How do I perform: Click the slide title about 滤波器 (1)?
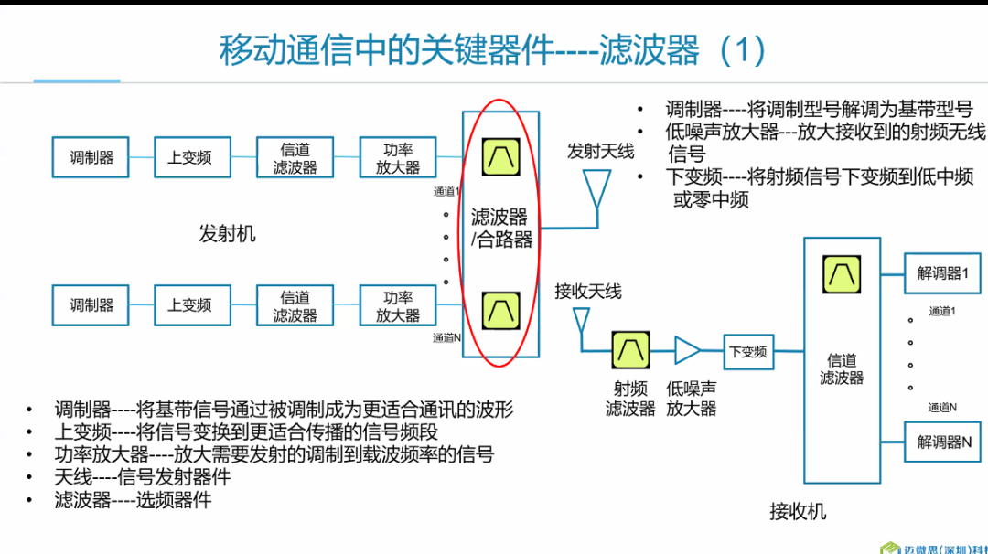pyautogui.click(x=492, y=50)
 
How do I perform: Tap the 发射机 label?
pyautogui.click(x=228, y=234)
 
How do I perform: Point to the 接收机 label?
pyautogui.click(x=798, y=511)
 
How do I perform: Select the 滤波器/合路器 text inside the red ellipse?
pyautogui.click(x=500, y=229)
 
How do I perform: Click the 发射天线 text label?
pyautogui.click(x=600, y=151)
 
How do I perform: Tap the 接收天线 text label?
pyautogui.click(x=587, y=292)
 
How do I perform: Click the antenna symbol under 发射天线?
pyautogui.click(x=598, y=190)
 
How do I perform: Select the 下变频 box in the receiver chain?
pyautogui.click(x=747, y=351)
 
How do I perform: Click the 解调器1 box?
pyautogui.click(x=941, y=273)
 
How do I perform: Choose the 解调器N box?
pyautogui.click(x=941, y=442)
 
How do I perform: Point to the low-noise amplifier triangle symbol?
pyautogui.click(x=687, y=350)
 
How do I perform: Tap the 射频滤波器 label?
pyautogui.click(x=630, y=399)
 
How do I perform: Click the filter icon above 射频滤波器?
pyautogui.click(x=630, y=350)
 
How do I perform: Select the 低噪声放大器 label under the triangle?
pyautogui.click(x=691, y=399)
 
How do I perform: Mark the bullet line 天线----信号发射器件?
pyautogui.click(x=142, y=477)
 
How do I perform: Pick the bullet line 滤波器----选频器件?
pyautogui.click(x=133, y=500)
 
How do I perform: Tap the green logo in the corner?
pyautogui.click(x=889, y=548)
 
